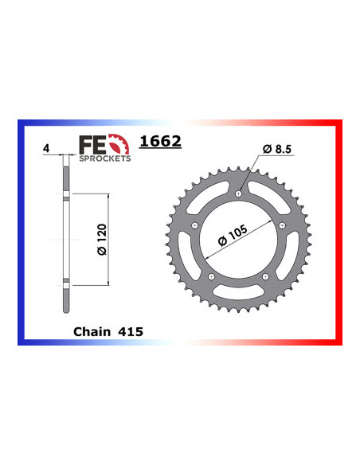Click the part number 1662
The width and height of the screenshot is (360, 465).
point(160,141)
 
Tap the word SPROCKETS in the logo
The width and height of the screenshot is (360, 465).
point(104,158)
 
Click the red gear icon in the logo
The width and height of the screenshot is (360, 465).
point(119,144)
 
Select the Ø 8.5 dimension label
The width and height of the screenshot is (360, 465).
point(277,149)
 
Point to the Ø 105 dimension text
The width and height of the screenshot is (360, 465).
point(233,236)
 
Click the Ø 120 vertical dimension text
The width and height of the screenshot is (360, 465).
point(102,240)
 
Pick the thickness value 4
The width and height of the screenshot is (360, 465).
point(46,148)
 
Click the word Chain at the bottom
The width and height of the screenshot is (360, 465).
point(92,331)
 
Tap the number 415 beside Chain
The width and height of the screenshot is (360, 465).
point(131,331)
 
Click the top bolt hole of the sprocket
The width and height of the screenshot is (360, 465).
point(238,194)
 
